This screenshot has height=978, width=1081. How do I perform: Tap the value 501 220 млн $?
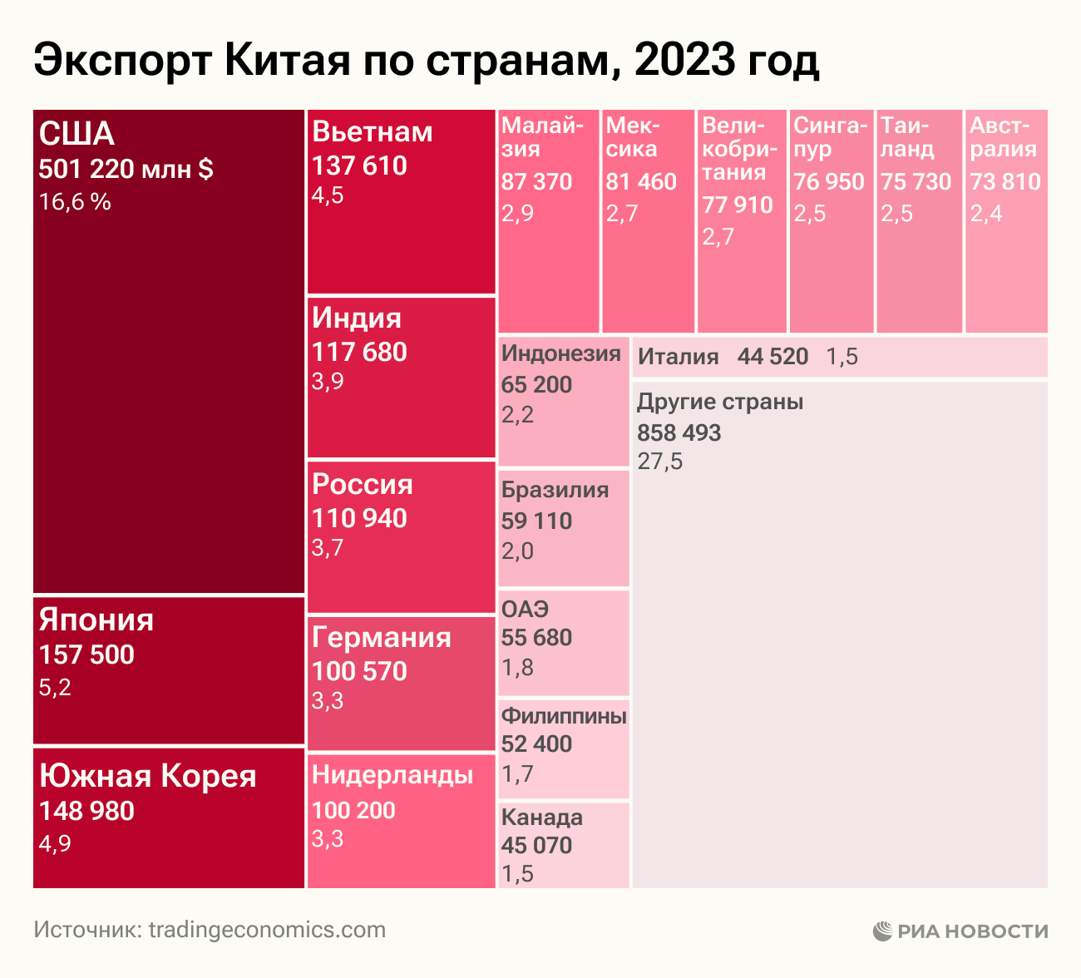126,170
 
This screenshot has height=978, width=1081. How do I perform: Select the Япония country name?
96,620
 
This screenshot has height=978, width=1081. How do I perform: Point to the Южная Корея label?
148,776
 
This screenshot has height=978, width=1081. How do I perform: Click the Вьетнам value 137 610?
359,165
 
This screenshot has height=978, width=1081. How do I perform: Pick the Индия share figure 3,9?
328,382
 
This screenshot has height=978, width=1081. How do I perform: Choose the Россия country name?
362,485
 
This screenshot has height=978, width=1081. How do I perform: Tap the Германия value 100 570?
359,671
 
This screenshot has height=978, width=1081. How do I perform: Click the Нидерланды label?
392,775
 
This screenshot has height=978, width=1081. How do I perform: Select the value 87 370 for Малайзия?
536,181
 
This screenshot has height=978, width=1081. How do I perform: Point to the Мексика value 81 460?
641,181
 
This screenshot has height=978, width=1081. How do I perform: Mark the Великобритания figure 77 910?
738,205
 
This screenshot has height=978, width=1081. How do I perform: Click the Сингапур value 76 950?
829,181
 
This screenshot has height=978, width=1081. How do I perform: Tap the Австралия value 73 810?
1005,181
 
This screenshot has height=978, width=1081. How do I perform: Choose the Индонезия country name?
561,353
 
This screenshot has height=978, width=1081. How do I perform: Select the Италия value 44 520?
772,357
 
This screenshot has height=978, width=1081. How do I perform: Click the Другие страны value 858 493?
679,432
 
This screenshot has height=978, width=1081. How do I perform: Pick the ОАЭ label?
525,609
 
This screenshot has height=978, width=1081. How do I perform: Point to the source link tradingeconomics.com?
267,930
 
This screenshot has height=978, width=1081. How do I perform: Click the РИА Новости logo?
960,931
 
